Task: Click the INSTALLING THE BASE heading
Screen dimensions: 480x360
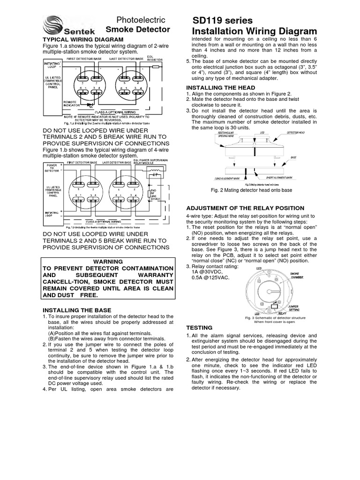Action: pyautogui.click(x=77, y=310)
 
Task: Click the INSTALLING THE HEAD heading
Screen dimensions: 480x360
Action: pyautogui.click(x=221, y=88)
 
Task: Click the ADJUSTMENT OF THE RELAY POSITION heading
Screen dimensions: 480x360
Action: pyautogui.click(x=246, y=208)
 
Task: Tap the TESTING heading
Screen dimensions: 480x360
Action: pyautogui.click(x=200, y=327)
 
